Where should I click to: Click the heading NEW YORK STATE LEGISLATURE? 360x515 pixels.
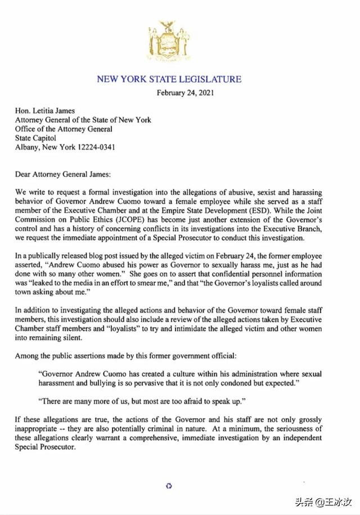click(169, 79)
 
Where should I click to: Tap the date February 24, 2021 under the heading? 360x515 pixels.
click(185, 93)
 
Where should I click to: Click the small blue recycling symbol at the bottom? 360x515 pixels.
click(168, 485)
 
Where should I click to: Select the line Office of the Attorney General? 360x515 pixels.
click(64, 129)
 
